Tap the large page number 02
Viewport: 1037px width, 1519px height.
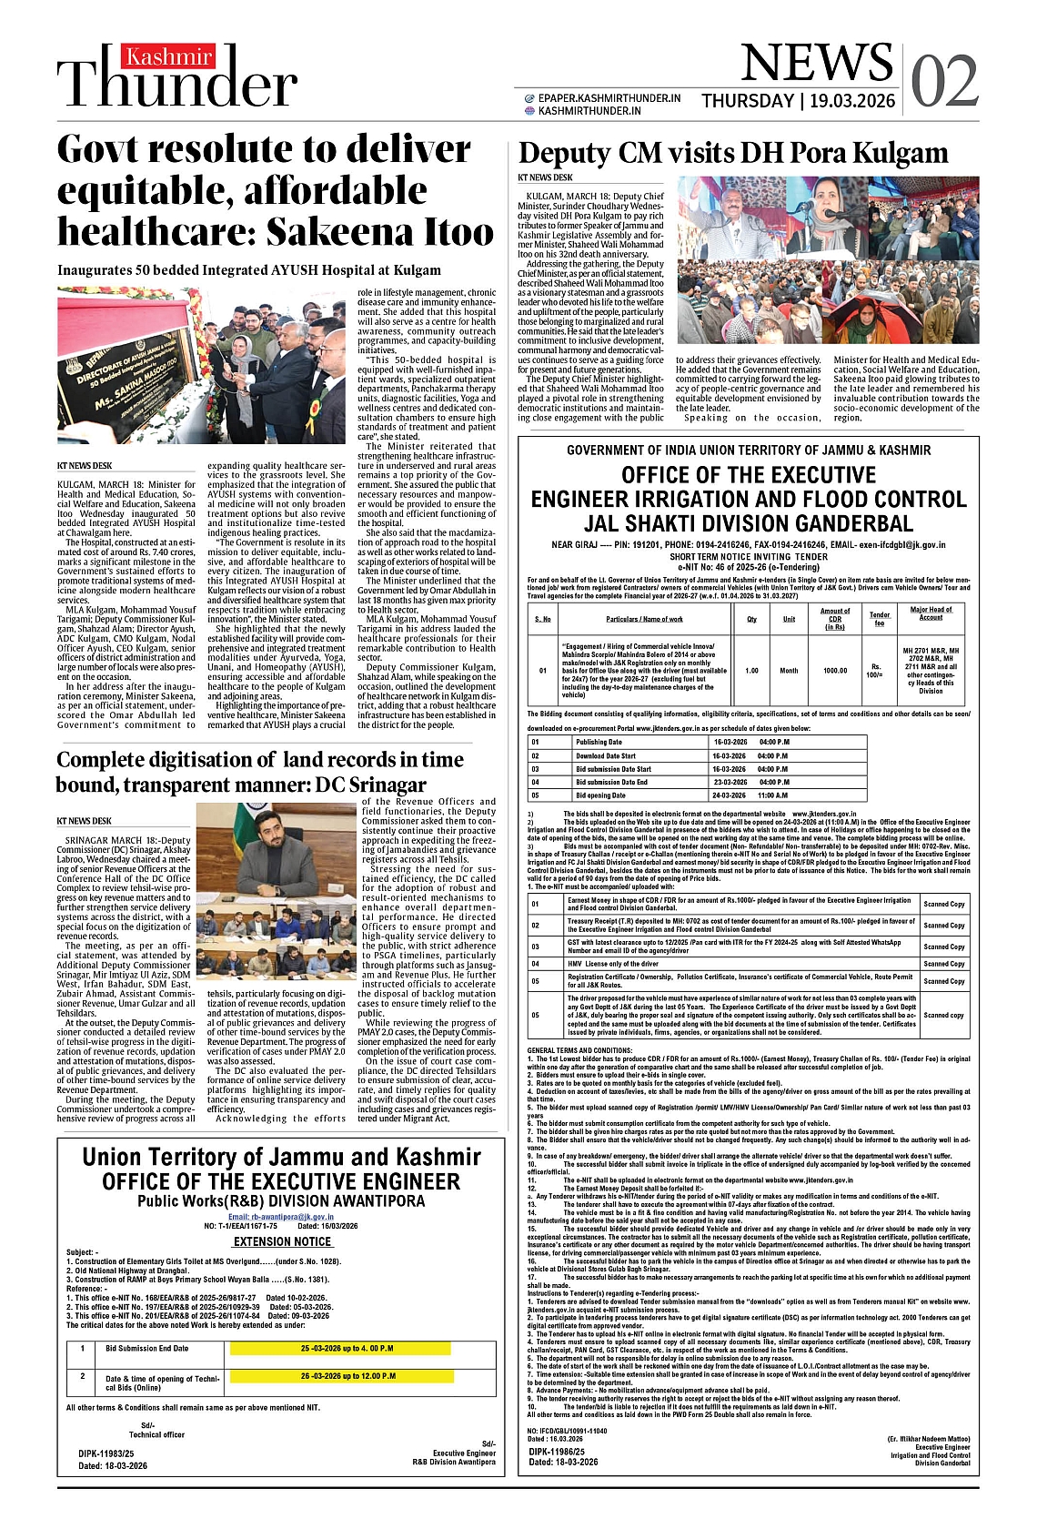944,81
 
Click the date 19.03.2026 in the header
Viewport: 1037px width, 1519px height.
851,101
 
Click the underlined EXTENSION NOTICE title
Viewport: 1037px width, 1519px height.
282,1241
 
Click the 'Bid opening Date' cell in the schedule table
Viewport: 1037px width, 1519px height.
600,795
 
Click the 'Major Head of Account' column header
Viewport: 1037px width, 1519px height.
931,613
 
